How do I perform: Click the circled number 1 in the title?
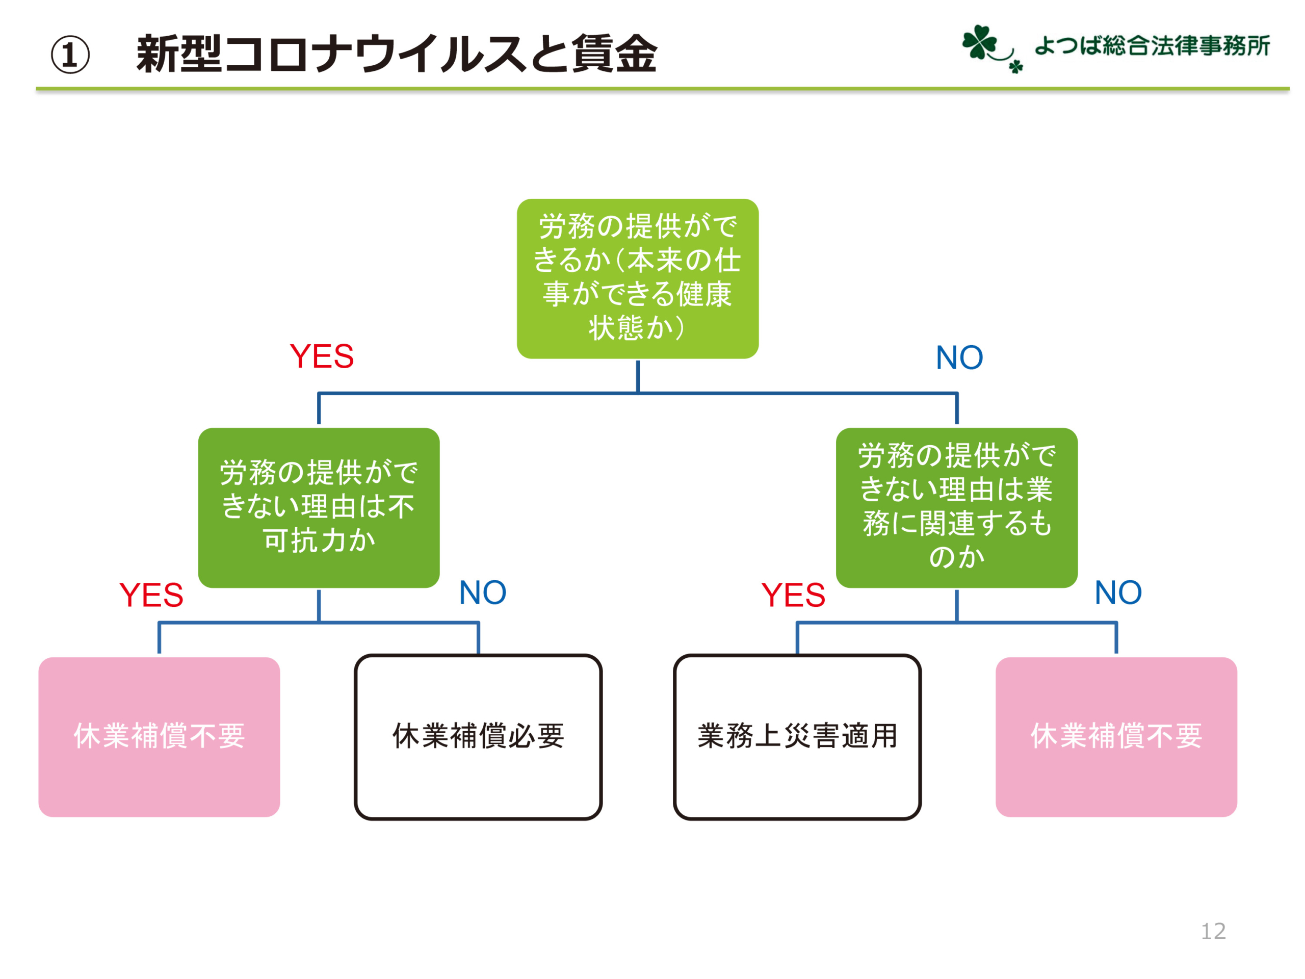pos(70,55)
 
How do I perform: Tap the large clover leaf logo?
pos(979,42)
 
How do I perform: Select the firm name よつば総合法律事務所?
pos(1152,45)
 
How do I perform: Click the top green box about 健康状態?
pos(638,278)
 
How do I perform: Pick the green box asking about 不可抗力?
pos(319,507)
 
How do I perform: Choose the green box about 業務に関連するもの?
pos(957,507)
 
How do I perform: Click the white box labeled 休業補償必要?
pos(479,737)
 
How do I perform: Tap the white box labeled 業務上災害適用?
pos(797,737)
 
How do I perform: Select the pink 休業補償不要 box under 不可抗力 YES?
pos(159,737)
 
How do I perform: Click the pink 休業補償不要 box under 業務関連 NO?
pos(1116,737)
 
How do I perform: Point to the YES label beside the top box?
pos(322,356)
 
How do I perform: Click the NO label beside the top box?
pos(959,357)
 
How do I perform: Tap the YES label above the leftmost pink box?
pos(151,595)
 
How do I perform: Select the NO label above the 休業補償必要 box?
pos(483,592)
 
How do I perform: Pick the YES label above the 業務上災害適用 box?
pos(793,595)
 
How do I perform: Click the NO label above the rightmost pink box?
pos(1118,592)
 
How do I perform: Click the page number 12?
pos(1214,931)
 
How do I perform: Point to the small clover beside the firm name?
pos(1015,66)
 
